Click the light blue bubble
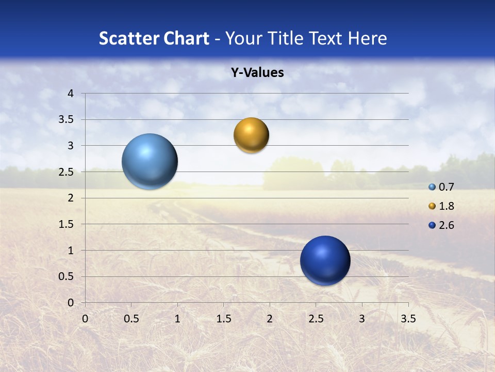(x=150, y=161)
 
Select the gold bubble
(x=251, y=135)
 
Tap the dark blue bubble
(x=325, y=260)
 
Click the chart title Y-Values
(x=257, y=73)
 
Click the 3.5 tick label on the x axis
(x=408, y=319)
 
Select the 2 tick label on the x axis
(x=270, y=319)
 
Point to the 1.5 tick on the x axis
(x=223, y=319)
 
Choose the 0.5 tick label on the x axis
(x=131, y=319)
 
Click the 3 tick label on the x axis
(x=362, y=319)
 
